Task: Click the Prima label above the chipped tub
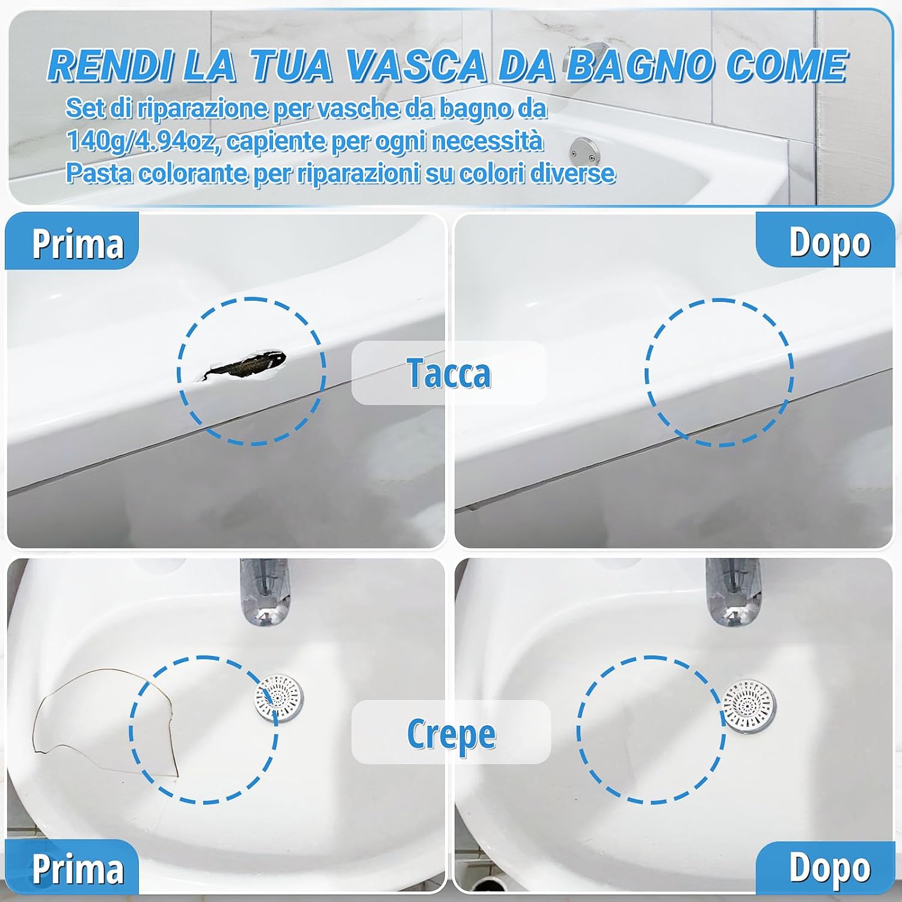tap(77, 244)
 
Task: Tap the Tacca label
tap(449, 373)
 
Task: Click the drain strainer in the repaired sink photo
tap(749, 707)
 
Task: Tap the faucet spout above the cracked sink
tap(265, 592)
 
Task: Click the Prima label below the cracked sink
tap(77, 869)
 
